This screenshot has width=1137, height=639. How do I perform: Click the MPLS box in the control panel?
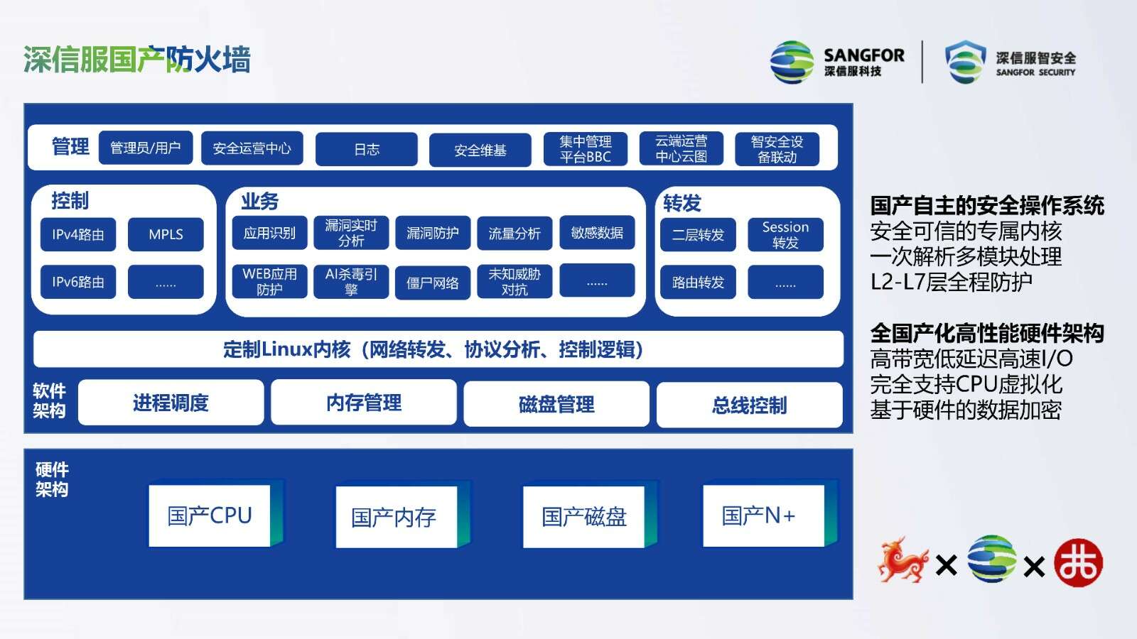coord(166,234)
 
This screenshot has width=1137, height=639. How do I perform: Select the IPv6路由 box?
coord(78,281)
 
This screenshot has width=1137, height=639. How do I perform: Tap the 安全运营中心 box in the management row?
coord(252,148)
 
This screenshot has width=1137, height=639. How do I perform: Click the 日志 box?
coord(367,149)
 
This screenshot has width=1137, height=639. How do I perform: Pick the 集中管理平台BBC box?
coord(586,149)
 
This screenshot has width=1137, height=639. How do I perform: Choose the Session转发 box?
coord(785,234)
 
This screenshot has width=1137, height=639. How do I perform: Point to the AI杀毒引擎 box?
coord(351,281)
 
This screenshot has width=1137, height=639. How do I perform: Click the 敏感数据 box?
coord(597,232)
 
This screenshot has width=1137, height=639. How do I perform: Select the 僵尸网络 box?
coord(433,283)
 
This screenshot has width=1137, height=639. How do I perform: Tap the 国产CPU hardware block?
coord(210,515)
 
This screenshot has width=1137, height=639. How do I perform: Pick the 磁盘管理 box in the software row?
coord(556,404)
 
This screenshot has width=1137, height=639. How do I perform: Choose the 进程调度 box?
coord(171,403)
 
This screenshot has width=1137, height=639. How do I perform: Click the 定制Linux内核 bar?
coord(438,349)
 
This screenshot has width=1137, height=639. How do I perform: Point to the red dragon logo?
coord(902,560)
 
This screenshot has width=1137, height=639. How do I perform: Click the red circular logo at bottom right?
coord(1079,563)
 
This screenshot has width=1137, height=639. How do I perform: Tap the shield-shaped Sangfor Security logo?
coord(965,62)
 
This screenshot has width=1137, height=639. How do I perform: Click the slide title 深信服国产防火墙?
coord(137,60)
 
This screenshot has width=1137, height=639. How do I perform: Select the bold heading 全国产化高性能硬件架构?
coord(987,333)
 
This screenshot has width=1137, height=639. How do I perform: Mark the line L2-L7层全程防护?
coord(952,282)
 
